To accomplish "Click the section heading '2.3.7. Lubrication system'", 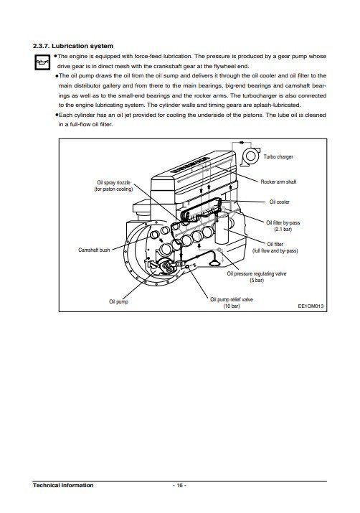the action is tap(73, 46).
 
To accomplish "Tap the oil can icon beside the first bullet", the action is tap(42, 62).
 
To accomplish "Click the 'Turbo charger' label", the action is tap(278, 156).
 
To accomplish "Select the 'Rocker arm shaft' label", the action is tap(278, 182).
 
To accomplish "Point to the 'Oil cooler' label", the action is tap(279, 202).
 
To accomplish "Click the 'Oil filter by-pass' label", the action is tap(283, 222).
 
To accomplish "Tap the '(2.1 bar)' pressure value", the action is tap(283, 229).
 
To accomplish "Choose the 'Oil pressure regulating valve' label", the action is tap(257, 273).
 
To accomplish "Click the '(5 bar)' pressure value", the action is tap(257, 280).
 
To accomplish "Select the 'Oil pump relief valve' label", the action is tap(232, 299).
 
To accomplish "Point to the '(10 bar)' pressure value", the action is tap(232, 306).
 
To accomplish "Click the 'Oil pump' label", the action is tap(118, 301).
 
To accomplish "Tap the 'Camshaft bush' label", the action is tap(94, 250).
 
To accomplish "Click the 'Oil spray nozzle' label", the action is tap(113, 182).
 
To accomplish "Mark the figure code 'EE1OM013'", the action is tap(311, 306).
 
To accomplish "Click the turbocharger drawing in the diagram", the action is tap(250, 156).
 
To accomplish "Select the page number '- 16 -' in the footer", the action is tap(179, 485).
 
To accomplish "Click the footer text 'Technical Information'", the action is tap(63, 485).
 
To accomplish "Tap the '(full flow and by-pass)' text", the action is tap(275, 250).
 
